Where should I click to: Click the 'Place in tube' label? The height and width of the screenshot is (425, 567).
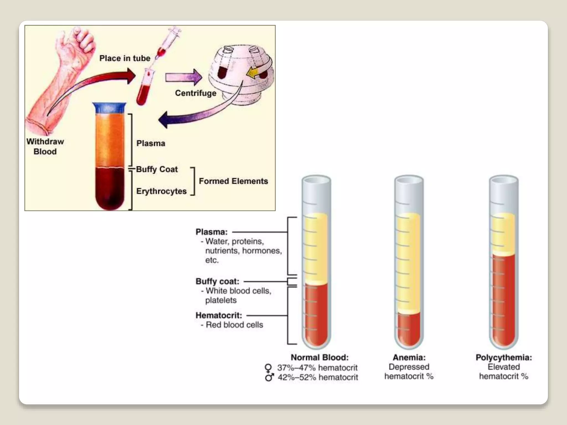coord(125,58)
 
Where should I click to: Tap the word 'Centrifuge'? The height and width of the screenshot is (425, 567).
coord(195,93)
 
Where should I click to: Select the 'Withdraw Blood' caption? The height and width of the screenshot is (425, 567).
coord(45,147)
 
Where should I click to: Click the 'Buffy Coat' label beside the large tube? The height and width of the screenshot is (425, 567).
coord(157,169)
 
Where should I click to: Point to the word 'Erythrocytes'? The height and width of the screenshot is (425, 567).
coord(161,191)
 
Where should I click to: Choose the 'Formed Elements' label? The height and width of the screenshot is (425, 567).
coord(233,181)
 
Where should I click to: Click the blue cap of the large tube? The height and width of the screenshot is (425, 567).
coord(109,108)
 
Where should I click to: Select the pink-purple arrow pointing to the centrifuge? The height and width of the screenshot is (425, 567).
coord(184,77)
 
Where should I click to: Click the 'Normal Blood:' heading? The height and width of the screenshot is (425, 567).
coord(319,357)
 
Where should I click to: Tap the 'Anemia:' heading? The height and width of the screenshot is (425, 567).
coord(409,357)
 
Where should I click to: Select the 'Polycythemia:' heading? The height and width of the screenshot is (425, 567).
coord(504,357)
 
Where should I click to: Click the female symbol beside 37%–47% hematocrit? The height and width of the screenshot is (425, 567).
coord(268,368)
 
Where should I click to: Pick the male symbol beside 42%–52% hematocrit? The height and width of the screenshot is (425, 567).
coord(269,377)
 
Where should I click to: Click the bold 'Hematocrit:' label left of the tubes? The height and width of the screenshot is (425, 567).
coord(219,315)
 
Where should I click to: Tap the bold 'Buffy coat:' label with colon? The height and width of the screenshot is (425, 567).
coord(217,281)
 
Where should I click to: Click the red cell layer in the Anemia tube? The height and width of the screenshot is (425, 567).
coord(409,329)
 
